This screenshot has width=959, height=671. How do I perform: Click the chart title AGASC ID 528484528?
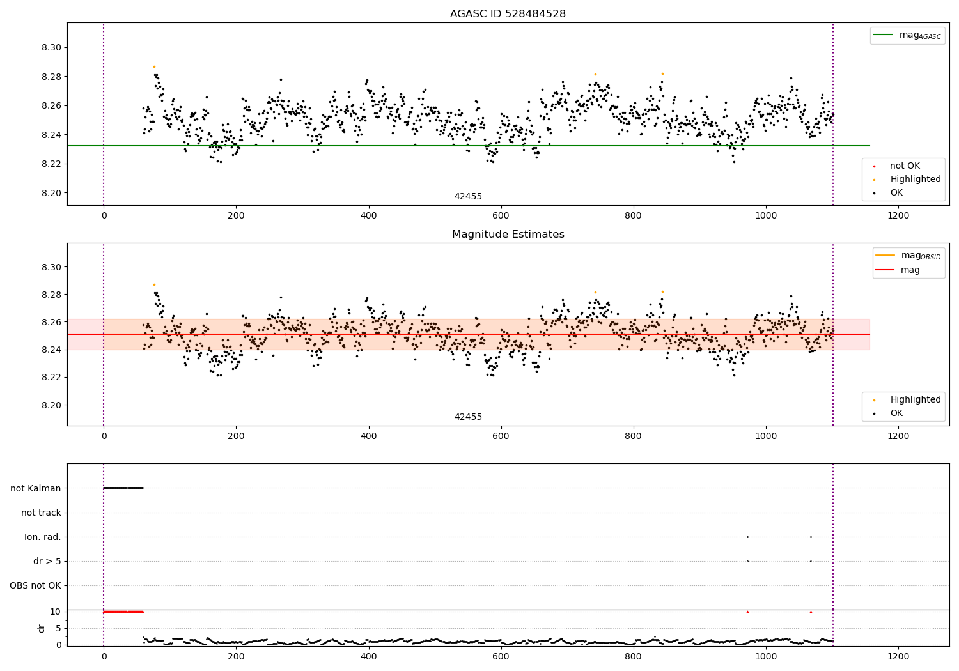tap(508, 13)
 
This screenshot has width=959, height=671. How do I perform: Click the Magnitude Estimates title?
tap(508, 234)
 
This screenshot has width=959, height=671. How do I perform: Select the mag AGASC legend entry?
tap(907, 35)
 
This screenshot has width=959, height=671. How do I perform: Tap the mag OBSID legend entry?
tap(908, 256)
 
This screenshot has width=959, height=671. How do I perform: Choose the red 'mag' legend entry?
tap(898, 270)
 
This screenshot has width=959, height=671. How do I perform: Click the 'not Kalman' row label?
tap(36, 488)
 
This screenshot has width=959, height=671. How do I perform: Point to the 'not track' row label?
tap(41, 513)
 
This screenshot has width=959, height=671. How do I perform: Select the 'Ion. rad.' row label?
tap(43, 537)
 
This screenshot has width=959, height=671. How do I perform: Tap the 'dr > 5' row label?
tap(47, 561)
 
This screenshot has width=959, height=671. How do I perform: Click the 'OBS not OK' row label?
tap(36, 585)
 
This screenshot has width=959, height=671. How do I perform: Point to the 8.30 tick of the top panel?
tap(51, 47)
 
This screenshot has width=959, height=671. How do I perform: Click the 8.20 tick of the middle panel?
tap(51, 405)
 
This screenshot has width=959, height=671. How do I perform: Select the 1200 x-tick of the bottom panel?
tap(898, 656)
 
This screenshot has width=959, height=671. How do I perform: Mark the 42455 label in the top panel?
tap(468, 196)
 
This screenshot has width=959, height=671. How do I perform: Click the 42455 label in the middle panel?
tap(468, 417)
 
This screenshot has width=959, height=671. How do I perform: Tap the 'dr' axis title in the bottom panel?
tap(41, 629)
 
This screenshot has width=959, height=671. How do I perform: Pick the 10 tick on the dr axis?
tap(55, 612)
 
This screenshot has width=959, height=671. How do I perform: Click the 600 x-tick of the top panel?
tap(501, 216)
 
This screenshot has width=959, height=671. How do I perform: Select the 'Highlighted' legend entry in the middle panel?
tap(907, 399)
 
